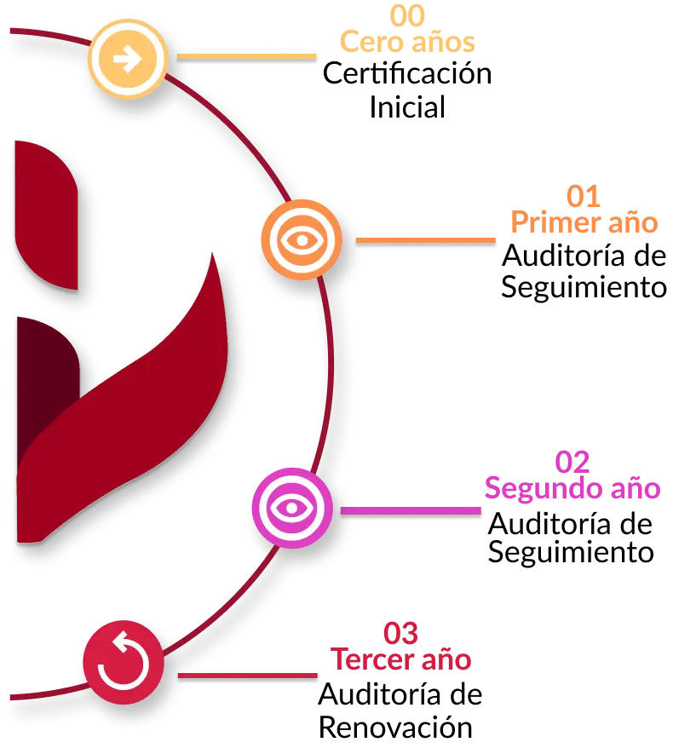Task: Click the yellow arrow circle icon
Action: [128, 59]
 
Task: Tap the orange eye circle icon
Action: [302, 240]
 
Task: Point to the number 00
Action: [408, 15]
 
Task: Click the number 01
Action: [584, 197]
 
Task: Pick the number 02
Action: [572, 463]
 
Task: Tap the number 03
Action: [400, 634]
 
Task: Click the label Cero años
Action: [408, 41]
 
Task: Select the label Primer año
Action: [584, 222]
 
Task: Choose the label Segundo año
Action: [572, 488]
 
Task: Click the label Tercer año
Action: [400, 659]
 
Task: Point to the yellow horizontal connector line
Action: [246, 56]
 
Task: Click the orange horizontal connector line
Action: [425, 240]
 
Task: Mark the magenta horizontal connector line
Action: [411, 510]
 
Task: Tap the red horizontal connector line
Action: [247, 675]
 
